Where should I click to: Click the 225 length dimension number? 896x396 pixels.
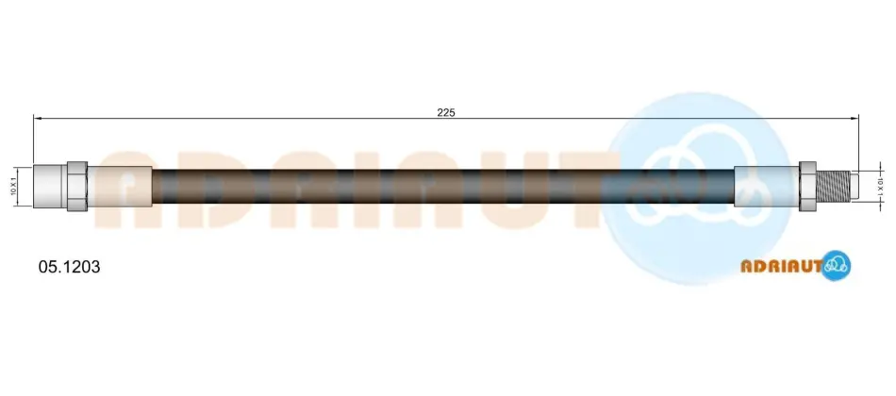(446, 112)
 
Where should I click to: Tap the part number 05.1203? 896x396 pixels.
(69, 266)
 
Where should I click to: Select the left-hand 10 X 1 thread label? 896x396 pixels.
(13, 187)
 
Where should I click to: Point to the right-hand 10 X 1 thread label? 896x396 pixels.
(880, 187)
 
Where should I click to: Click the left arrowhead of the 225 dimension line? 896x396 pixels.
(38, 118)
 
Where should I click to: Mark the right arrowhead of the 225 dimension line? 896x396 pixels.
(855, 118)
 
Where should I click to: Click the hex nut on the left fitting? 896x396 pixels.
(77, 187)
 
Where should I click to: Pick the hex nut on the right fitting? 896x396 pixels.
(806, 187)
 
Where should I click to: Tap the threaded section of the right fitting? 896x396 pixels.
(833, 187)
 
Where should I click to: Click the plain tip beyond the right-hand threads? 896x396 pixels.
(855, 187)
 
